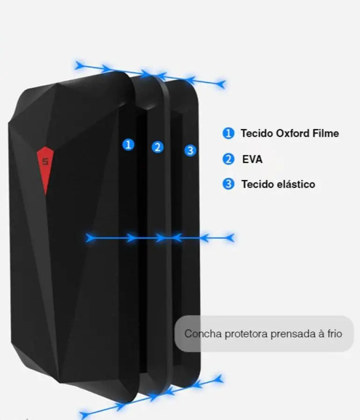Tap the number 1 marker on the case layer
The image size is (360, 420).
tap(128, 145)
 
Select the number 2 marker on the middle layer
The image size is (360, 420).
tap(158, 147)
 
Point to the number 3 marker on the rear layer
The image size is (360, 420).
tap(191, 150)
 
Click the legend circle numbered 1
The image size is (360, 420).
tap(228, 133)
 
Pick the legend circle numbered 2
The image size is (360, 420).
tap(228, 159)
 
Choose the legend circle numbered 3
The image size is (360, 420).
tap(228, 184)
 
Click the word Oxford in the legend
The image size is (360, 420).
tap(292, 133)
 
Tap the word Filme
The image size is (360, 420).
tap(325, 133)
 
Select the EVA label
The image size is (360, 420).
tap(252, 160)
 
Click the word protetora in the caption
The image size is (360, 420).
tap(247, 334)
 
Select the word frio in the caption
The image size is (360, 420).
tap(335, 334)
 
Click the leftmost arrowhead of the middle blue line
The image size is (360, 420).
tap(90, 238)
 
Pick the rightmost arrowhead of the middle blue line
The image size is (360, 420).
tap(230, 238)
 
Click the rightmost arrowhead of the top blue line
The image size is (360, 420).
tap(221, 84)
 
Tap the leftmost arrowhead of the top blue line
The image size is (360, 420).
tap(79, 65)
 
